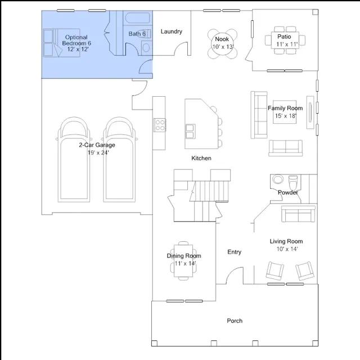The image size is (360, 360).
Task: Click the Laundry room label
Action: (x=171, y=31)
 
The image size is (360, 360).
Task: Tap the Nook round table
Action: (x=222, y=44)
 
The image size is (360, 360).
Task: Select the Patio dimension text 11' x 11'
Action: (x=287, y=44)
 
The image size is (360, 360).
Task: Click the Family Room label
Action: (x=285, y=108)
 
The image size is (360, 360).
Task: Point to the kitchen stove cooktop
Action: (x=160, y=125)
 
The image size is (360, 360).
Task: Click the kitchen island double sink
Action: (x=191, y=131)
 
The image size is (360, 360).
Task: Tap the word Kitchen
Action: (x=201, y=158)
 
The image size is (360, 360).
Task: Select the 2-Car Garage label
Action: (x=97, y=145)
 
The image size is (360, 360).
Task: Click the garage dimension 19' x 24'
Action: (x=98, y=152)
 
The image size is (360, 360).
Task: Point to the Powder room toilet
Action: (x=293, y=182)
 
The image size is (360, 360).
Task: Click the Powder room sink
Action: (x=277, y=179)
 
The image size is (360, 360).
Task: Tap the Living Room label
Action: (x=286, y=241)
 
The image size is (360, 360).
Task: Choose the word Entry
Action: (x=234, y=252)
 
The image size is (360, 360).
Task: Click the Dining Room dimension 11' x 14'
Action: (x=185, y=263)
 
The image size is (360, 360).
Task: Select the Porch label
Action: (x=235, y=321)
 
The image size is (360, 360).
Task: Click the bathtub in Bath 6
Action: (x=137, y=18)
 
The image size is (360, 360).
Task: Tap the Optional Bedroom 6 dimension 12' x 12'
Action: (x=78, y=49)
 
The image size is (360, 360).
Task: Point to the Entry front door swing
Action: (x=235, y=276)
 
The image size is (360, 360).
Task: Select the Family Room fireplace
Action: (x=310, y=112)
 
